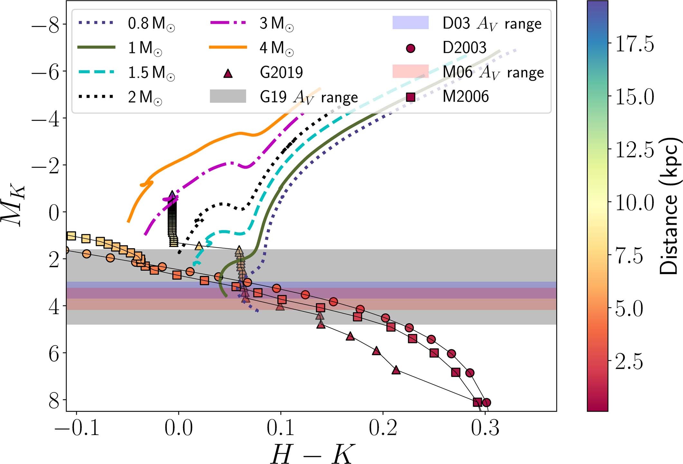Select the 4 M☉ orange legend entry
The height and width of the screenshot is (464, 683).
[x=251, y=48]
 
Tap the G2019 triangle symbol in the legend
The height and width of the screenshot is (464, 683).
[x=228, y=73]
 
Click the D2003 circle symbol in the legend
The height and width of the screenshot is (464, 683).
[x=411, y=48]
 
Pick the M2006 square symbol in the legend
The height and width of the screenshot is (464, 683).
[x=411, y=97]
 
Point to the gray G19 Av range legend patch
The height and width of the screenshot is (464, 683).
[x=228, y=96]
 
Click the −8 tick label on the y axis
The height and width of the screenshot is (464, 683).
[x=45, y=25]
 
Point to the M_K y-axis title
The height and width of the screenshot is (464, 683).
[x=13, y=206]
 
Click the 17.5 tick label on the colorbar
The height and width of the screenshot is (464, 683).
[x=634, y=44]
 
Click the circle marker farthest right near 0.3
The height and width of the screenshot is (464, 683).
[x=486, y=402]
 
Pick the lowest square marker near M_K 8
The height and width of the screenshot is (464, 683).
[x=477, y=402]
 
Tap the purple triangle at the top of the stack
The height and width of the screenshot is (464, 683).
[x=172, y=195]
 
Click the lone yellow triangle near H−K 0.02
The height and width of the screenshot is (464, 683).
[x=199, y=246]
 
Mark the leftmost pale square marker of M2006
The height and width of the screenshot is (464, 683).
[x=71, y=236]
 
